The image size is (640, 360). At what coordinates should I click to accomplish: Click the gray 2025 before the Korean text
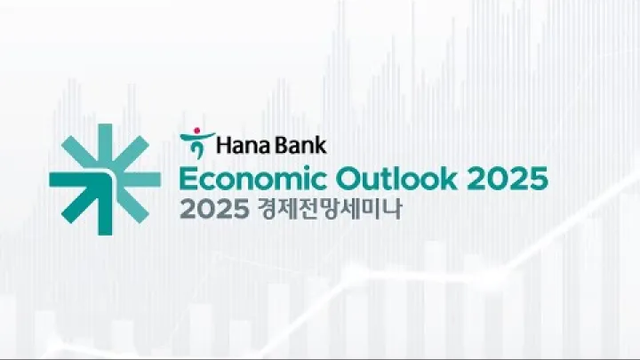pyautogui.click(x=211, y=212)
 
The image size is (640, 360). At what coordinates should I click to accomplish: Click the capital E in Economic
pyautogui.click(x=188, y=179)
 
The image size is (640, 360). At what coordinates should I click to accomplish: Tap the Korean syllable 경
pyautogui.click(x=265, y=212)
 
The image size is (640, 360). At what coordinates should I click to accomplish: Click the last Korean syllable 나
pyautogui.click(x=392, y=212)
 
